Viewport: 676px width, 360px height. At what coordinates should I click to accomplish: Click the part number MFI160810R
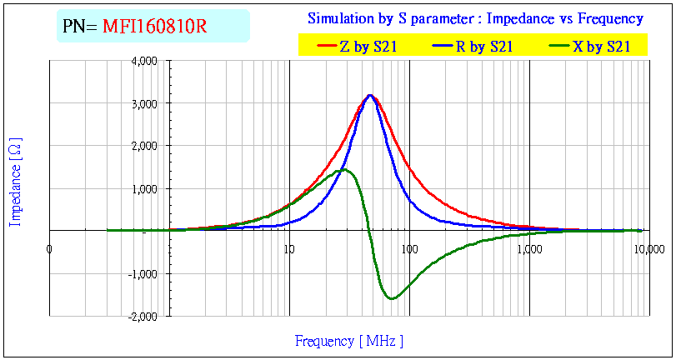154,27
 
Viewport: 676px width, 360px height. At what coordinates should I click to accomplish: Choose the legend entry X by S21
600,47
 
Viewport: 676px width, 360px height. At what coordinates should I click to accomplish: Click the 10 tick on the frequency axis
288,248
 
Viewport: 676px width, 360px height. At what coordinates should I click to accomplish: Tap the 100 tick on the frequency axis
408,248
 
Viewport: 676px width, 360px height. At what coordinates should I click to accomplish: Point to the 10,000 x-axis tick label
648,248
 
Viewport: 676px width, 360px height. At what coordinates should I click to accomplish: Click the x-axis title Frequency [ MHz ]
348,340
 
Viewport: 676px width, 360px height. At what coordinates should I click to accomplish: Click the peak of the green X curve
344,170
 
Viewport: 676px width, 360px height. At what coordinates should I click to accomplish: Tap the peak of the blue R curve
370,95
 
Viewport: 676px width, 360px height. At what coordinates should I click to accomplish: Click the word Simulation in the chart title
339,18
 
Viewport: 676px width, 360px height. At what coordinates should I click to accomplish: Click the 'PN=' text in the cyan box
80,27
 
